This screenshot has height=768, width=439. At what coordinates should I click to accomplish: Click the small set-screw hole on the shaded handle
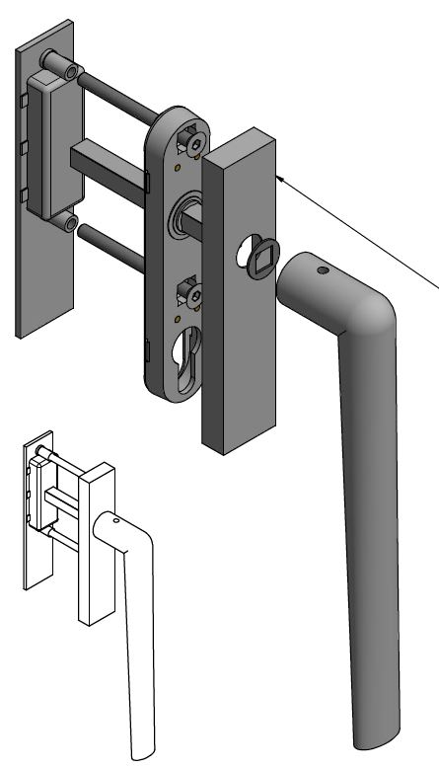pos(323,269)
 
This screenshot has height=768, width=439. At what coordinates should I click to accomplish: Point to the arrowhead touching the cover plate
pos(282,177)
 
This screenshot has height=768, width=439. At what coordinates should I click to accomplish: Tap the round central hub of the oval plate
pos(185,213)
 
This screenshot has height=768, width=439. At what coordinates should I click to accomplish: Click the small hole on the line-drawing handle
pos(116,519)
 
